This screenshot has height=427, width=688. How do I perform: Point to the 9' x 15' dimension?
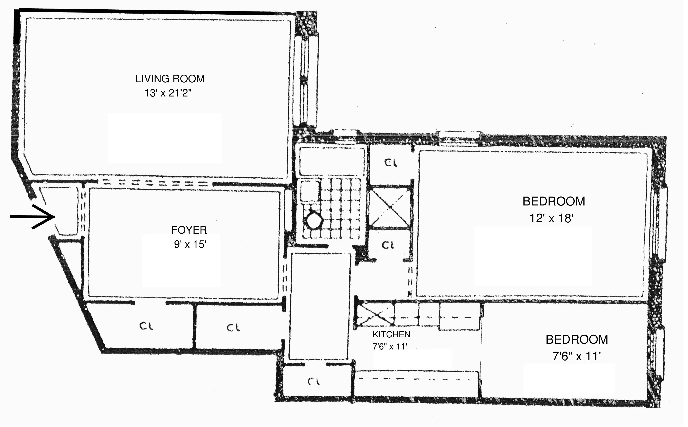tap(190, 244)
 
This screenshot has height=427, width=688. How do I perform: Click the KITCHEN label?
tap(391, 334)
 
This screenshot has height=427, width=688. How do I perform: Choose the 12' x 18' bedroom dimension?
tap(551, 218)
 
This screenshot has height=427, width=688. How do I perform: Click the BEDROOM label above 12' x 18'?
tap(554, 201)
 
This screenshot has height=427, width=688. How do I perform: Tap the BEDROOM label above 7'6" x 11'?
tap(577, 339)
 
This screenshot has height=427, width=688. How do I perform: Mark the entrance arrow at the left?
tap(33, 217)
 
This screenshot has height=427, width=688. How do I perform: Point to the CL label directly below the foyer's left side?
tap(146, 327)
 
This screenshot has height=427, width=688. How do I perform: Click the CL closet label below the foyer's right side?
tap(233, 328)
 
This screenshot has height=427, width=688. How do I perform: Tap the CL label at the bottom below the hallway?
tap(314, 382)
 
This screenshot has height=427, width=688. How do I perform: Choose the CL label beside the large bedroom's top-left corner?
tap(391, 163)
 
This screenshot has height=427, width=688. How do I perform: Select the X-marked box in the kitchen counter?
tap(375, 315)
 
